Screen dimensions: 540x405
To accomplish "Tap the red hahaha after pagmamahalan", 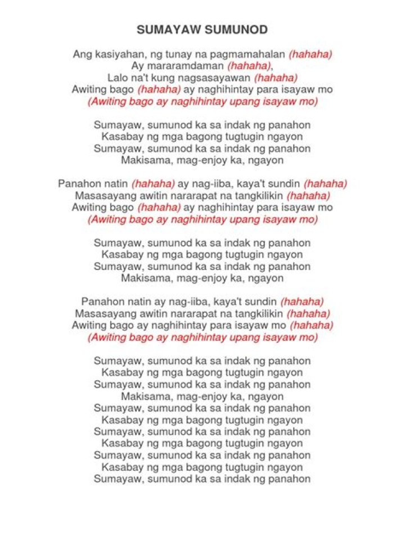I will point(310,55).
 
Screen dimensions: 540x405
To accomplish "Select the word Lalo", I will point(118,78).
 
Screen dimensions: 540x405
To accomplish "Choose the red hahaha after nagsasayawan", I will point(276,78).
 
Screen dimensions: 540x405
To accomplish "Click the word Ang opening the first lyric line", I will point(82,55).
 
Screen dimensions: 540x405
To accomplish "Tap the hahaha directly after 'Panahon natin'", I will point(153,184).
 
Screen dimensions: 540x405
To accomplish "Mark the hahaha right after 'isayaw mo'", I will point(311,326).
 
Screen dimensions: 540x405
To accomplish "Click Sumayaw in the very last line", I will point(118,479).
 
